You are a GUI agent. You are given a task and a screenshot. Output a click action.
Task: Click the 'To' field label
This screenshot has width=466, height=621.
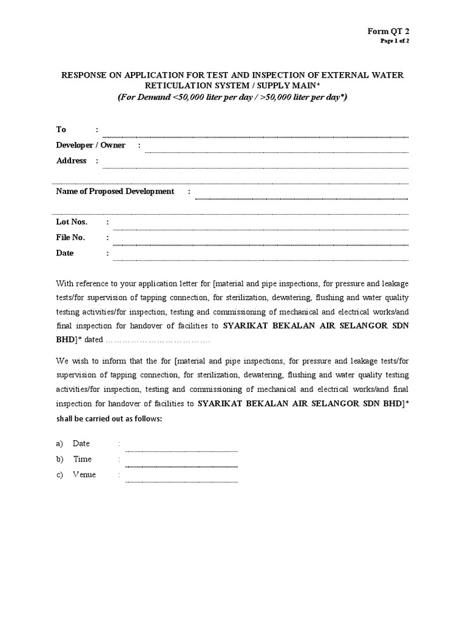tap(61, 129)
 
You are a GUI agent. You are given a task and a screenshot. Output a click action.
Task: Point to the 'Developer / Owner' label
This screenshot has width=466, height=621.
tap(91, 145)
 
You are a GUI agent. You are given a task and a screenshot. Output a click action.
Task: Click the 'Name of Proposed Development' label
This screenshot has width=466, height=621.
tap(115, 191)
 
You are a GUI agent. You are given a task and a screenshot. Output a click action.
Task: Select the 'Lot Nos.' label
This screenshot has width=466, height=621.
tap(72, 222)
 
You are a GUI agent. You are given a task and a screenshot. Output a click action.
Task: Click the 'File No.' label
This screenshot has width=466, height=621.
tap(71, 237)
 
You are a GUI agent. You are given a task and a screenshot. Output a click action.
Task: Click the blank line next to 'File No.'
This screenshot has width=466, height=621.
tap(260, 244)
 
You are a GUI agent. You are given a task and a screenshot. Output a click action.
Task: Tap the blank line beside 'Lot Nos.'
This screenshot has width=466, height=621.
tap(260, 229)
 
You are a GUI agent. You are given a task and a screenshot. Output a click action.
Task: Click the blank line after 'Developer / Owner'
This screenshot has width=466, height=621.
tap(276, 152)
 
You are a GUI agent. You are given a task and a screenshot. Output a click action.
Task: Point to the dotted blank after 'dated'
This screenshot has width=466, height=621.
tap(158, 340)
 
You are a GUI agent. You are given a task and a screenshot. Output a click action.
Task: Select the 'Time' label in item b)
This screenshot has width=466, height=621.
tap(82, 459)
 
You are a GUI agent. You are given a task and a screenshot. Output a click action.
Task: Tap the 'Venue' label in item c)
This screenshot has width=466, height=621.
tap(84, 474)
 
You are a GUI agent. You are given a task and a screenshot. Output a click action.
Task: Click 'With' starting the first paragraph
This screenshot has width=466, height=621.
tap(65, 283)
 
